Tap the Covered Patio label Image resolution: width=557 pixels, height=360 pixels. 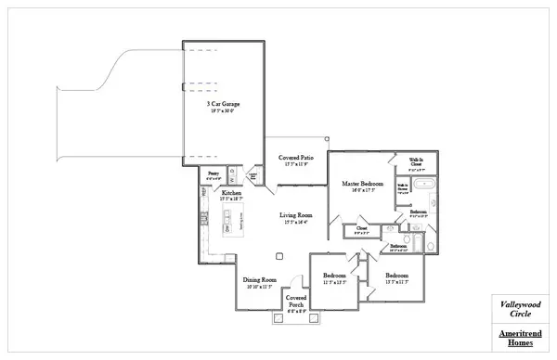[x=296, y=158]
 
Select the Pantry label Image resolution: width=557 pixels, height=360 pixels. [x=213, y=173]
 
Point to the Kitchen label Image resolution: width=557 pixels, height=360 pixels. [x=230, y=193]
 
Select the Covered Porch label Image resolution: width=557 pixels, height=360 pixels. [x=296, y=302]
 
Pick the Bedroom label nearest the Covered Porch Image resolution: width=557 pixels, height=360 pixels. [x=334, y=276]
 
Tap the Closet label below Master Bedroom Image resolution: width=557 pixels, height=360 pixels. [x=361, y=227]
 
